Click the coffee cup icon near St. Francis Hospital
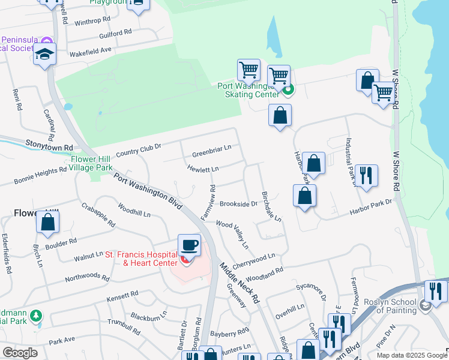click(189, 245)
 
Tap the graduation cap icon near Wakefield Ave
click(45, 55)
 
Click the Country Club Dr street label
click(139, 149)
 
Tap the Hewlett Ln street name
click(202, 170)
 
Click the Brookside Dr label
click(238, 204)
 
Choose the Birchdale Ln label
click(271, 207)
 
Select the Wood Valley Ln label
click(232, 233)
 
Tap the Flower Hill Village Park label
click(91, 164)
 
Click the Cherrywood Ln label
click(253, 260)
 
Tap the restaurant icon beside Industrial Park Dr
click(366, 176)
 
